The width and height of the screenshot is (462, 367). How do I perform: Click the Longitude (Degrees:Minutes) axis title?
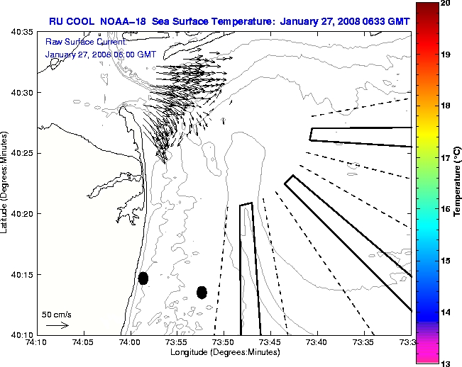click(x=223, y=352)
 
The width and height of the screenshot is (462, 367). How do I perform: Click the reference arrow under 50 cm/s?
click(x=57, y=325)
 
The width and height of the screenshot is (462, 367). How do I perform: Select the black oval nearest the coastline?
click(x=143, y=278)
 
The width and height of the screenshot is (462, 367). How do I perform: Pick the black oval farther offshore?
click(x=202, y=292)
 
